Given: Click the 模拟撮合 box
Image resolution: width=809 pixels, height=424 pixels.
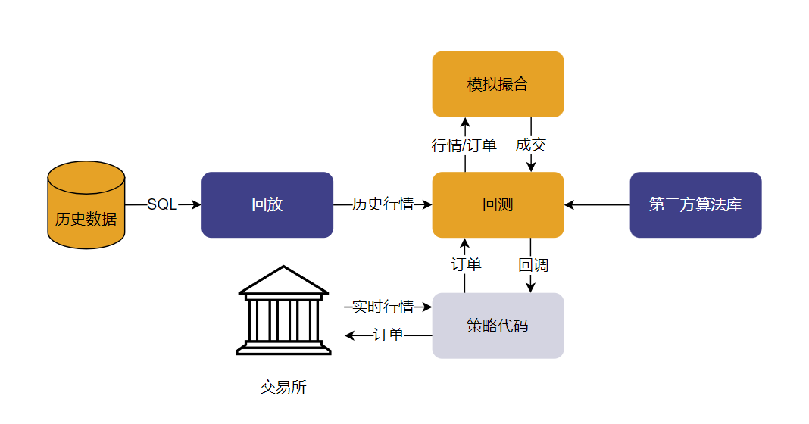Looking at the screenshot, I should click(x=498, y=84).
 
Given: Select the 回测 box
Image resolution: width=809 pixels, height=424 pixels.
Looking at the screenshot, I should click(x=498, y=204).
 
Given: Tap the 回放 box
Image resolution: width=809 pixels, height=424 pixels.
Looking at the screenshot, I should click(x=267, y=204).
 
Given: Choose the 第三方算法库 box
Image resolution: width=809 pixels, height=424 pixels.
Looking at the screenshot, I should click(x=695, y=204).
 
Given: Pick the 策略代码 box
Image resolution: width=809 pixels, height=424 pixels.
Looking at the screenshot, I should click(x=498, y=326).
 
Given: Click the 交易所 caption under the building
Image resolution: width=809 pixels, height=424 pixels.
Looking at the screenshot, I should click(x=283, y=388).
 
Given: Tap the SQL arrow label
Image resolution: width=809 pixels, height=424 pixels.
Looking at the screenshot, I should click(x=162, y=204).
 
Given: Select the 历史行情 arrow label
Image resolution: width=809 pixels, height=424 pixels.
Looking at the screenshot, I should click(x=383, y=204).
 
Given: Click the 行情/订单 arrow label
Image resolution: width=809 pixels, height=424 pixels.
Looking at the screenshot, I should click(x=464, y=145).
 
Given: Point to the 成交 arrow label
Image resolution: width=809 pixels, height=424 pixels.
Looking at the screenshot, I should click(x=531, y=145).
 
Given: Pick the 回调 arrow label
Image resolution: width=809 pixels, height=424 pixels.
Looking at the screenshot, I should click(x=533, y=266).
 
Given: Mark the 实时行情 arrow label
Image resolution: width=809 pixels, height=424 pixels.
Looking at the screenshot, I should click(x=383, y=307).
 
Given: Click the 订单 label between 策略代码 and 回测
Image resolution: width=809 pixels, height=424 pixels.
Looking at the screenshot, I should click(x=466, y=265).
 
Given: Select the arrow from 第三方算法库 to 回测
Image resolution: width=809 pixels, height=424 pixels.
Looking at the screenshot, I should click(x=598, y=204).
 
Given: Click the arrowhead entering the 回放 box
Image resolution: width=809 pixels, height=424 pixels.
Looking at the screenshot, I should click(x=197, y=204).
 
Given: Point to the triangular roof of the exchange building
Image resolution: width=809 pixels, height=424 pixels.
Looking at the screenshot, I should click(x=283, y=280).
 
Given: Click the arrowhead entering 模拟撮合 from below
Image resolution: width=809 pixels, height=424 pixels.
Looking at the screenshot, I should click(x=465, y=122).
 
